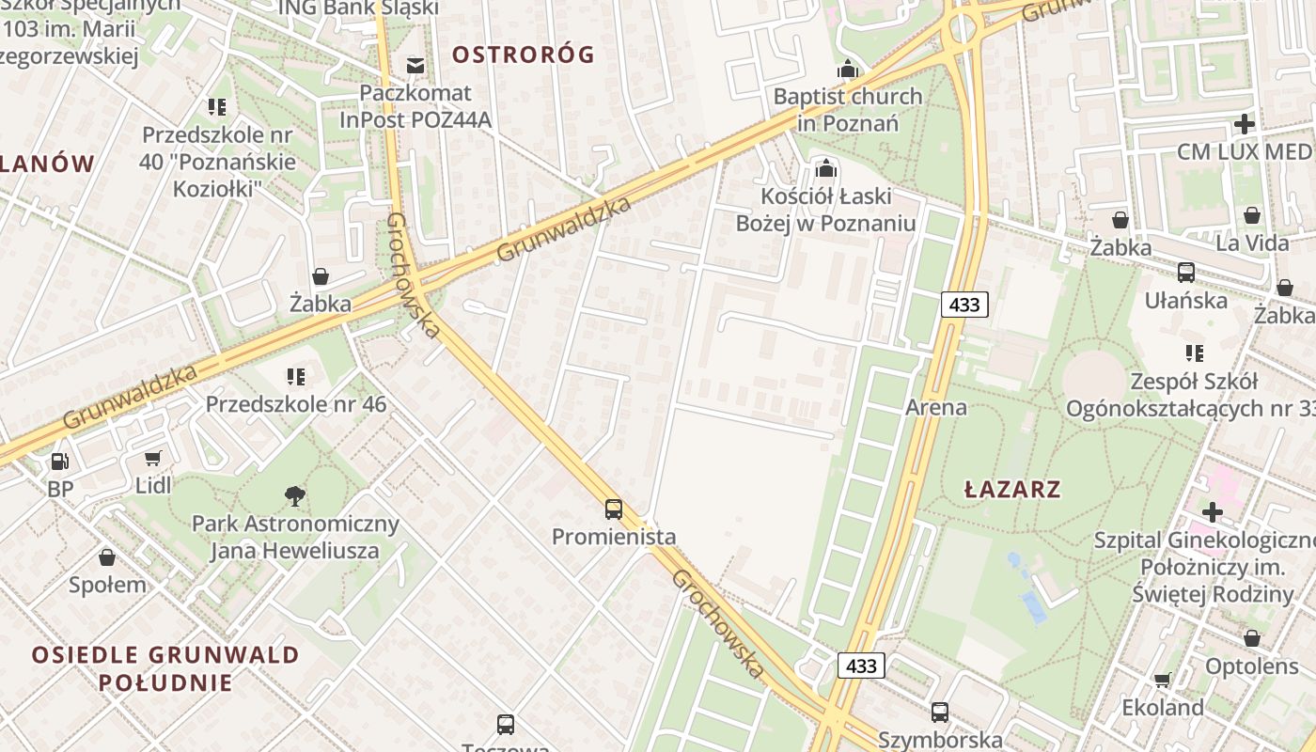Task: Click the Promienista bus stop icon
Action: pyautogui.click(x=614, y=509)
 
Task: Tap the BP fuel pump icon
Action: pyautogui.click(x=59, y=462)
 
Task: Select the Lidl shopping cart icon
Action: pyautogui.click(x=153, y=458)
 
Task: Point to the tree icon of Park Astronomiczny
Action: pyautogui.click(x=294, y=495)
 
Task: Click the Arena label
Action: pyautogui.click(x=935, y=407)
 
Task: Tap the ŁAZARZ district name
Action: pyautogui.click(x=1012, y=489)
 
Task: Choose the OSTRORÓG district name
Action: pyautogui.click(x=523, y=55)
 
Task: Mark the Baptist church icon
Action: pyautogui.click(x=848, y=69)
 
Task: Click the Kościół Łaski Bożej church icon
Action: pyautogui.click(x=825, y=168)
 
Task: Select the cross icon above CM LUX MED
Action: pyautogui.click(x=1244, y=123)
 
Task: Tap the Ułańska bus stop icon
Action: pyautogui.click(x=1186, y=273)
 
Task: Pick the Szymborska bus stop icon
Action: pyautogui.click(x=940, y=712)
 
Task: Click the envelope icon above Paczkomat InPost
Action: pyautogui.click(x=415, y=65)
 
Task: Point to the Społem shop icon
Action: pyautogui.click(x=107, y=556)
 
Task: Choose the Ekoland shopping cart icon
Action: pyautogui.click(x=1163, y=680)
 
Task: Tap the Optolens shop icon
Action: pyautogui.click(x=1251, y=638)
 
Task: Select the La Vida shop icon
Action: pyautogui.click(x=1252, y=215)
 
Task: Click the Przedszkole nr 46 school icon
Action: pyautogui.click(x=296, y=377)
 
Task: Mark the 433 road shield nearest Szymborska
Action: pyautogui.click(x=860, y=666)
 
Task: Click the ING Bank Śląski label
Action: pyautogui.click(x=359, y=8)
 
